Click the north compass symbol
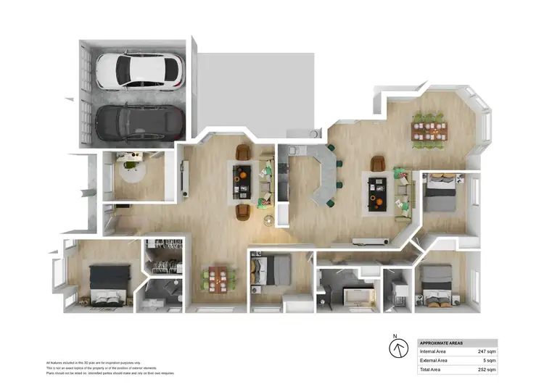[398, 348]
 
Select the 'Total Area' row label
[433, 369]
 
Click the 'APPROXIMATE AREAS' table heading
[442, 343]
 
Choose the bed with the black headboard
[109, 283]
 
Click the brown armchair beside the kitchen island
[378, 164]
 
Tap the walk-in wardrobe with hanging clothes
[165, 254]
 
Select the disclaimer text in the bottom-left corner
[109, 367]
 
